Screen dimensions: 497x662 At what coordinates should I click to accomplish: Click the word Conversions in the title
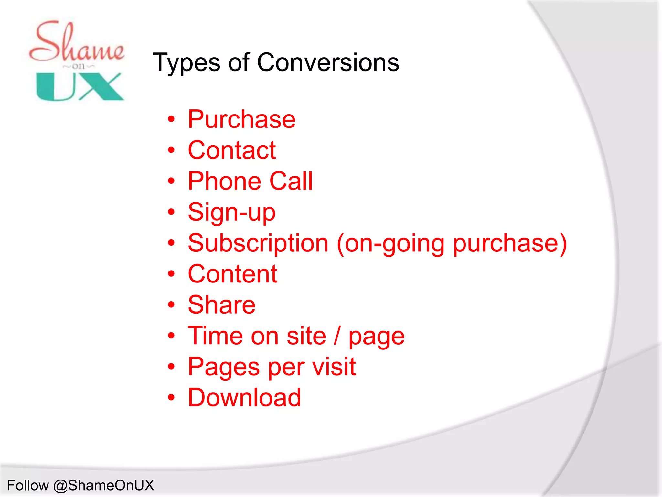(x=328, y=62)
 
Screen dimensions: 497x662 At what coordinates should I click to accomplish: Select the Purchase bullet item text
(x=241, y=119)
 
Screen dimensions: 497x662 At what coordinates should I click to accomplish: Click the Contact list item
(x=232, y=150)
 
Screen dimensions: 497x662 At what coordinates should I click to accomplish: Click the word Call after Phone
(x=291, y=181)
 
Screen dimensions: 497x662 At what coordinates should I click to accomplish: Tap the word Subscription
(x=258, y=243)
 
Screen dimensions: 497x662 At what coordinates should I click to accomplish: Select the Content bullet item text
(x=232, y=274)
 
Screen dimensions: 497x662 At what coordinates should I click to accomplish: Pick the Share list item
(x=221, y=305)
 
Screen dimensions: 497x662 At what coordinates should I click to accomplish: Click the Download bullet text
(x=244, y=397)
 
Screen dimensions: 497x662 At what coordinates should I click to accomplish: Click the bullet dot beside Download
(x=171, y=398)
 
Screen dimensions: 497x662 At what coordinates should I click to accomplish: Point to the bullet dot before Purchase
(x=171, y=119)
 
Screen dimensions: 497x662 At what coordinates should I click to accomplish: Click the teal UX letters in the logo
(x=80, y=86)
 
